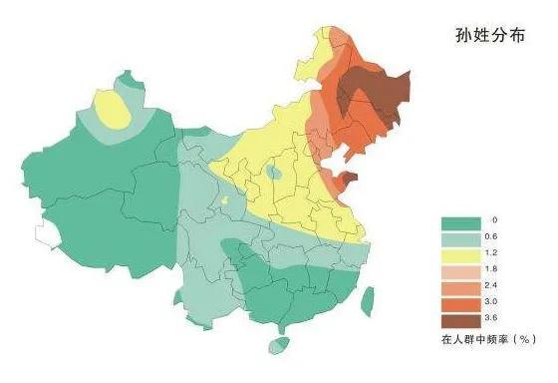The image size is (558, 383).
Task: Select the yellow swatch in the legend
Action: [x=459, y=253]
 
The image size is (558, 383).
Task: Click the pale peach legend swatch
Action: [x=459, y=268]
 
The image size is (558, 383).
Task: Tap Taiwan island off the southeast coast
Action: [x=367, y=299]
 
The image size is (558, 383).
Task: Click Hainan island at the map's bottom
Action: [x=278, y=346]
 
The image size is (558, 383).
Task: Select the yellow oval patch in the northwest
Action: [x=118, y=109]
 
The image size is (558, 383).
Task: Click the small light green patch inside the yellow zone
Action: [x=274, y=173]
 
